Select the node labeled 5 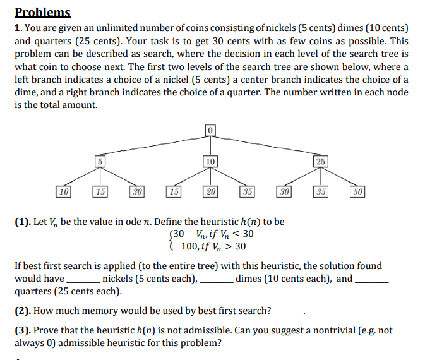coord(99,161)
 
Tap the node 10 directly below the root coord(210,161)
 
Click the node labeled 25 coord(321,161)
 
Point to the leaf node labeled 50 coord(357,191)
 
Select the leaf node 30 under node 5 coord(136,191)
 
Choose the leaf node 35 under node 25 coord(320,191)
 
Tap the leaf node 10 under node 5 coord(63,191)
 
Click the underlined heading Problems coord(42,12)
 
